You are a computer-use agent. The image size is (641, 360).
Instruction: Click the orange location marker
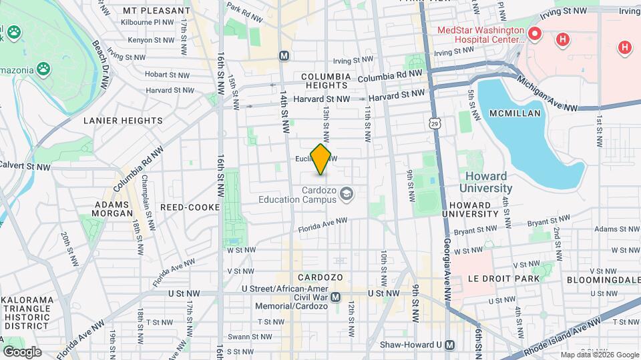[x=321, y=159]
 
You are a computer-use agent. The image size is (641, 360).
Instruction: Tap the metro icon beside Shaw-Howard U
[x=450, y=345]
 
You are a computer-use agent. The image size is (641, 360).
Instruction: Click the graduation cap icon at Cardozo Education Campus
[x=346, y=194]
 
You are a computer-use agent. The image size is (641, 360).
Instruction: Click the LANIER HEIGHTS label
[x=123, y=121]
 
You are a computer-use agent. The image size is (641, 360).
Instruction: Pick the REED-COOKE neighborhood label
[x=190, y=207]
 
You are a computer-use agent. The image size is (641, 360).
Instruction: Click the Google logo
[x=22, y=351]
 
